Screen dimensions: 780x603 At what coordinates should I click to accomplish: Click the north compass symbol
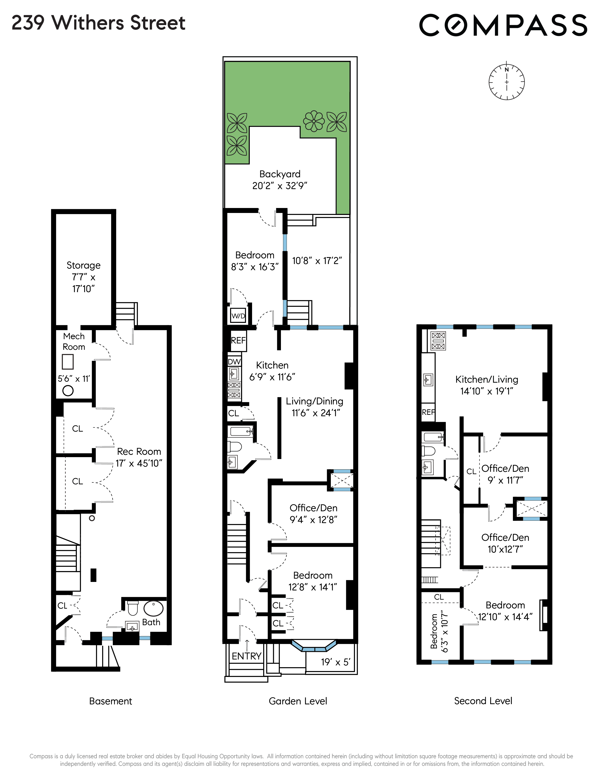point(506,82)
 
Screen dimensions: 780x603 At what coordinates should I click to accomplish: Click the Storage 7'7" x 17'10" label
point(83,277)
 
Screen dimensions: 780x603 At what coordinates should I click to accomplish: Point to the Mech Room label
point(74,342)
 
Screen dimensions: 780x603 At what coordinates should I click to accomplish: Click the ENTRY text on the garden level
point(246,656)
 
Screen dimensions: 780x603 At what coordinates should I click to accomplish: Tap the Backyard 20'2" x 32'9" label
point(280,180)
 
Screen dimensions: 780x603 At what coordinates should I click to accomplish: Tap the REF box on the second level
point(428,412)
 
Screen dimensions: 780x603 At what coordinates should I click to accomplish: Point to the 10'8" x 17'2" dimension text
point(317,261)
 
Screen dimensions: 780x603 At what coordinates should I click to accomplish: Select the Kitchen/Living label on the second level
point(487,385)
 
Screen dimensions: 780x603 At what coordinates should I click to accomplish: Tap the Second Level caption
point(483,701)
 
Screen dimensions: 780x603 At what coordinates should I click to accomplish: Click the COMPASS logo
point(503,25)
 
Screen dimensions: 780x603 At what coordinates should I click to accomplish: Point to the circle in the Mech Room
point(68,391)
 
